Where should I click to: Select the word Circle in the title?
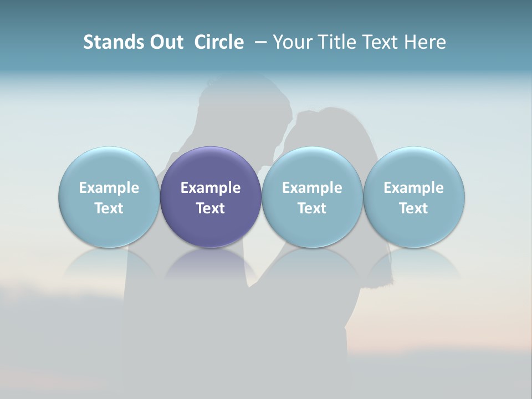pyautogui.click(x=219, y=42)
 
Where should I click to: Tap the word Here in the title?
pyautogui.click(x=423, y=42)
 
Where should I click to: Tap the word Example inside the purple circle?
pyautogui.click(x=211, y=188)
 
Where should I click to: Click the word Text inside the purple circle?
pyautogui.click(x=211, y=208)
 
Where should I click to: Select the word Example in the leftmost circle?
pyautogui.click(x=109, y=188)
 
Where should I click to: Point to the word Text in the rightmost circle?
pyautogui.click(x=414, y=208)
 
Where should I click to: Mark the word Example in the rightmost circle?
pyautogui.click(x=414, y=188)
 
